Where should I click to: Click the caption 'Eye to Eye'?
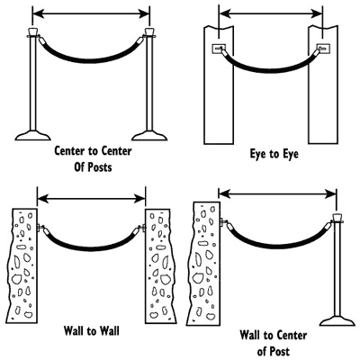(274, 154)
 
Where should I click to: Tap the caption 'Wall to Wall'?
(92, 331)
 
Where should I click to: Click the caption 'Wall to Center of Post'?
(273, 343)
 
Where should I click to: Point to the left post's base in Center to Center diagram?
(32, 136)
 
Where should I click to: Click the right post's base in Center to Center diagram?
(149, 136)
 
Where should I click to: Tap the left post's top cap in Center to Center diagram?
(32, 31)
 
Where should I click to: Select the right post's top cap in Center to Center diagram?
(149, 31)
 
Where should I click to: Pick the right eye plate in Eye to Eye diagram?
(323, 48)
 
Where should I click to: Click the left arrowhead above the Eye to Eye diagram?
(225, 13)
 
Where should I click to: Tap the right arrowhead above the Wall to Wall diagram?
(140, 198)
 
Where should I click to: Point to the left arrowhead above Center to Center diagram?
(38, 13)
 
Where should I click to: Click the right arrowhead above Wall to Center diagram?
(331, 194)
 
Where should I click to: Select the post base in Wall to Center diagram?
(337, 320)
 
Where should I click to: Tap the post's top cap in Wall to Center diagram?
(337, 218)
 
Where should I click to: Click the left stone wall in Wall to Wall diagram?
(22, 265)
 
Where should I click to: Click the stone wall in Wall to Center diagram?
(203, 264)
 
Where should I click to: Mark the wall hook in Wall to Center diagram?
(223, 222)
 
